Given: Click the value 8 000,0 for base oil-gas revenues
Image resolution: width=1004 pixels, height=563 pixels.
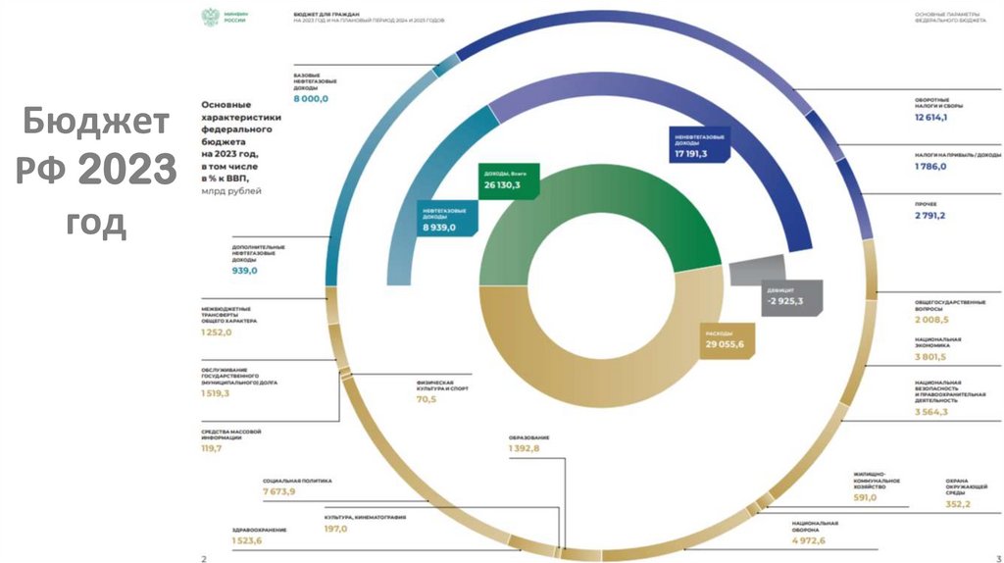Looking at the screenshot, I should (x=311, y=99).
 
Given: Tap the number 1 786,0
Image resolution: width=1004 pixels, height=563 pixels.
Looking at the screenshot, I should (x=930, y=167).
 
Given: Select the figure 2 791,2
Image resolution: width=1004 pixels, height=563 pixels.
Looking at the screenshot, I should (x=930, y=215).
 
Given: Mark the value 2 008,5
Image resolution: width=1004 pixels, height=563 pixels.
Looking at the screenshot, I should (x=931, y=320).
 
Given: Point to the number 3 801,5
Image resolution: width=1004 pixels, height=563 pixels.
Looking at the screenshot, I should (x=931, y=357).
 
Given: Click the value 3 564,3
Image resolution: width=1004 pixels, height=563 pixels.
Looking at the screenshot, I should (x=931, y=413).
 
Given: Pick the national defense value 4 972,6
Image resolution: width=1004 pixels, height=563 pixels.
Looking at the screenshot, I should (x=809, y=540).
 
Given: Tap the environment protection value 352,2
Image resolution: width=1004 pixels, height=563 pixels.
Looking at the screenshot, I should (x=930, y=504).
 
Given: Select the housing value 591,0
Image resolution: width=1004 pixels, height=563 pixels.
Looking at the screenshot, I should (x=865, y=498).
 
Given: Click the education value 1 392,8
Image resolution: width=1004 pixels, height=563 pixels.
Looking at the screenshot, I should (x=524, y=448).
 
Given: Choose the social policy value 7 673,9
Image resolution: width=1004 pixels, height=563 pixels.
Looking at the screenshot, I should (x=279, y=490).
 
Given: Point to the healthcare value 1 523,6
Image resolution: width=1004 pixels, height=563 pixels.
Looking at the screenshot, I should (x=246, y=540).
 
